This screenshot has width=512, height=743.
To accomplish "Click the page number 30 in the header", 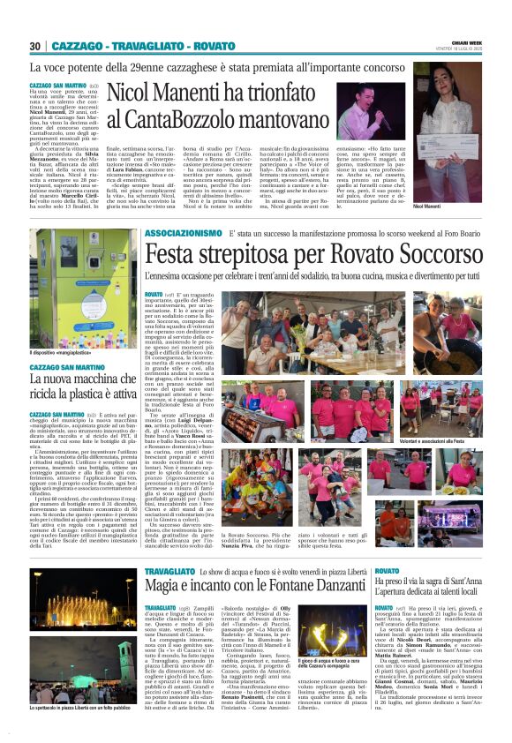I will pyautogui.click(x=36, y=46).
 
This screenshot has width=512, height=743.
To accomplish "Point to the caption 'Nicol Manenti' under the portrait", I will pyautogui.click(x=450, y=205).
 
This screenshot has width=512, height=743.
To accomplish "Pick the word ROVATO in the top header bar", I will pyautogui.click(x=212, y=46).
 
